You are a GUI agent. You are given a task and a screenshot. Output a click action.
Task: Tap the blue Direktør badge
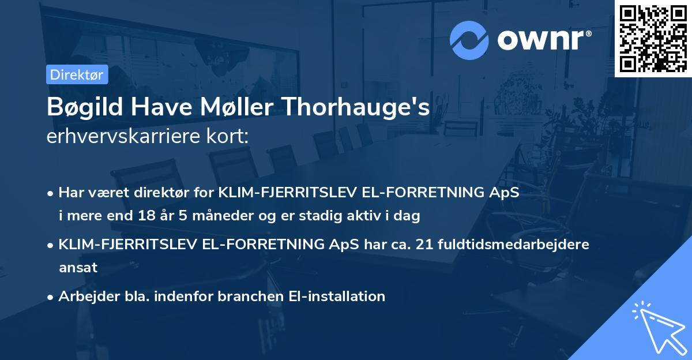pyautogui.click(x=77, y=74)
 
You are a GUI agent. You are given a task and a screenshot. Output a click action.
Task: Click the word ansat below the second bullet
pyautogui.click(x=78, y=267)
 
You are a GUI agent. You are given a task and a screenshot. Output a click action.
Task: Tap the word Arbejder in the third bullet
pyautogui.click(x=84, y=296)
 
